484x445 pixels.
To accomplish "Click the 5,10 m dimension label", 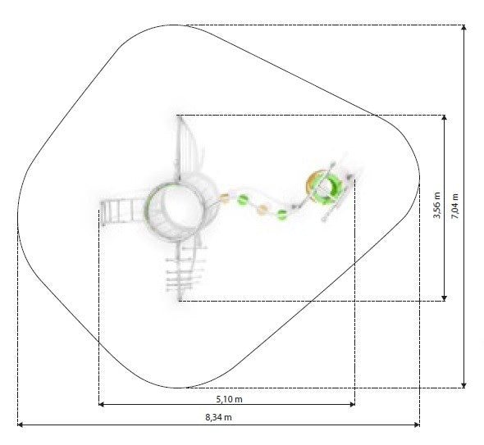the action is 229,399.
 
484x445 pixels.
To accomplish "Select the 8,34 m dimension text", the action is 218,417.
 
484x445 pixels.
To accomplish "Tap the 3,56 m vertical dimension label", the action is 437,205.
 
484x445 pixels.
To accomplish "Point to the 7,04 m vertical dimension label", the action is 454,207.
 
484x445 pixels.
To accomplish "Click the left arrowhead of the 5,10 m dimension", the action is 102,404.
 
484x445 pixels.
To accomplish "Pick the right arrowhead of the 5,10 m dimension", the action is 352,404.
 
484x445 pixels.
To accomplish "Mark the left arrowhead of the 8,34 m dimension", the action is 21,425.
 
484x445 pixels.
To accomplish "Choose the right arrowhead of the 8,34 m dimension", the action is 417,425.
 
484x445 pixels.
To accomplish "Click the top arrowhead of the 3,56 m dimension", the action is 444,118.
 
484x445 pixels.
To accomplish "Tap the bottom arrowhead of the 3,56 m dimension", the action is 444,297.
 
